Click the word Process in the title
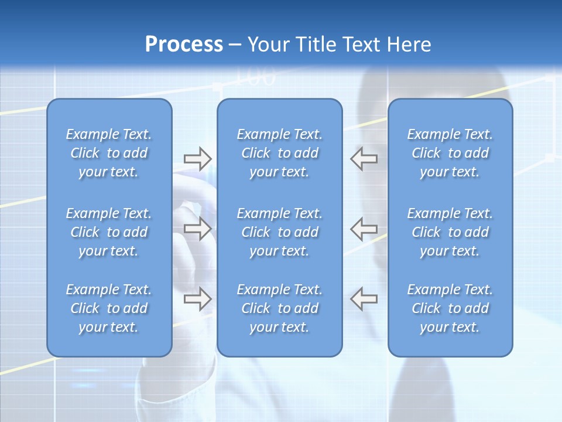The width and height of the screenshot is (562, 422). pyautogui.click(x=184, y=45)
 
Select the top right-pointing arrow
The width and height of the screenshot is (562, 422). pyautogui.click(x=197, y=158)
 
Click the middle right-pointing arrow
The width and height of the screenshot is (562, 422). pyautogui.click(x=197, y=229)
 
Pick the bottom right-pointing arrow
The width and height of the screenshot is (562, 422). pyautogui.click(x=197, y=299)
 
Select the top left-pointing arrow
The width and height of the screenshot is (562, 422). pyautogui.click(x=364, y=158)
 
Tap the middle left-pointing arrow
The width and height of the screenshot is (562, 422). pyautogui.click(x=364, y=229)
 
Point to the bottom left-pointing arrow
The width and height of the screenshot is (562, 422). pyautogui.click(x=364, y=299)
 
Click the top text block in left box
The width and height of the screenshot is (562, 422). pyautogui.click(x=109, y=153)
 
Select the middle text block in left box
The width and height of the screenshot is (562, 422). pyautogui.click(x=109, y=232)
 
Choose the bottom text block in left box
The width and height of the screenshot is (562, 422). pyautogui.click(x=109, y=308)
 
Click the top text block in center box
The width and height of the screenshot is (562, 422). pyautogui.click(x=279, y=153)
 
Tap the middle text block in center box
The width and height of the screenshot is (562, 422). pyautogui.click(x=279, y=232)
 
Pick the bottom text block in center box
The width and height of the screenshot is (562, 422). pyautogui.click(x=279, y=308)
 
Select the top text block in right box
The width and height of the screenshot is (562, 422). pyautogui.click(x=450, y=153)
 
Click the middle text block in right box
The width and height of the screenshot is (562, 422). pyautogui.click(x=450, y=232)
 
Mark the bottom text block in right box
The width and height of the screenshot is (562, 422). pyautogui.click(x=450, y=308)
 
